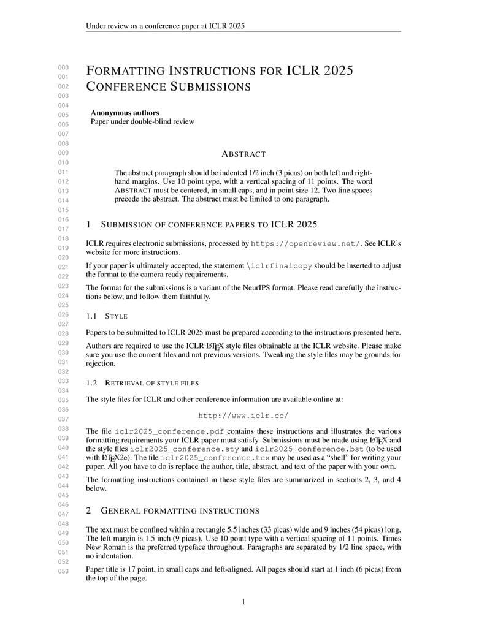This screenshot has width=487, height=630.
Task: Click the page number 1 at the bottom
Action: click(243, 602)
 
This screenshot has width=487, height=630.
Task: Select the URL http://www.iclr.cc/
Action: click(243, 416)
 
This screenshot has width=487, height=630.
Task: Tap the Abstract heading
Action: click(243, 154)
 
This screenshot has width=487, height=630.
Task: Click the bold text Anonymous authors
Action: click(125, 113)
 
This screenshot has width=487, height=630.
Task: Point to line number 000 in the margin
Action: click(63, 67)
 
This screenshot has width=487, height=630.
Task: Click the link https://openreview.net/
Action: click(307, 243)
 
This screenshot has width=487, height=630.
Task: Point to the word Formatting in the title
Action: click(126, 70)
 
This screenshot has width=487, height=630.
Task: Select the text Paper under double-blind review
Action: click(142, 121)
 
